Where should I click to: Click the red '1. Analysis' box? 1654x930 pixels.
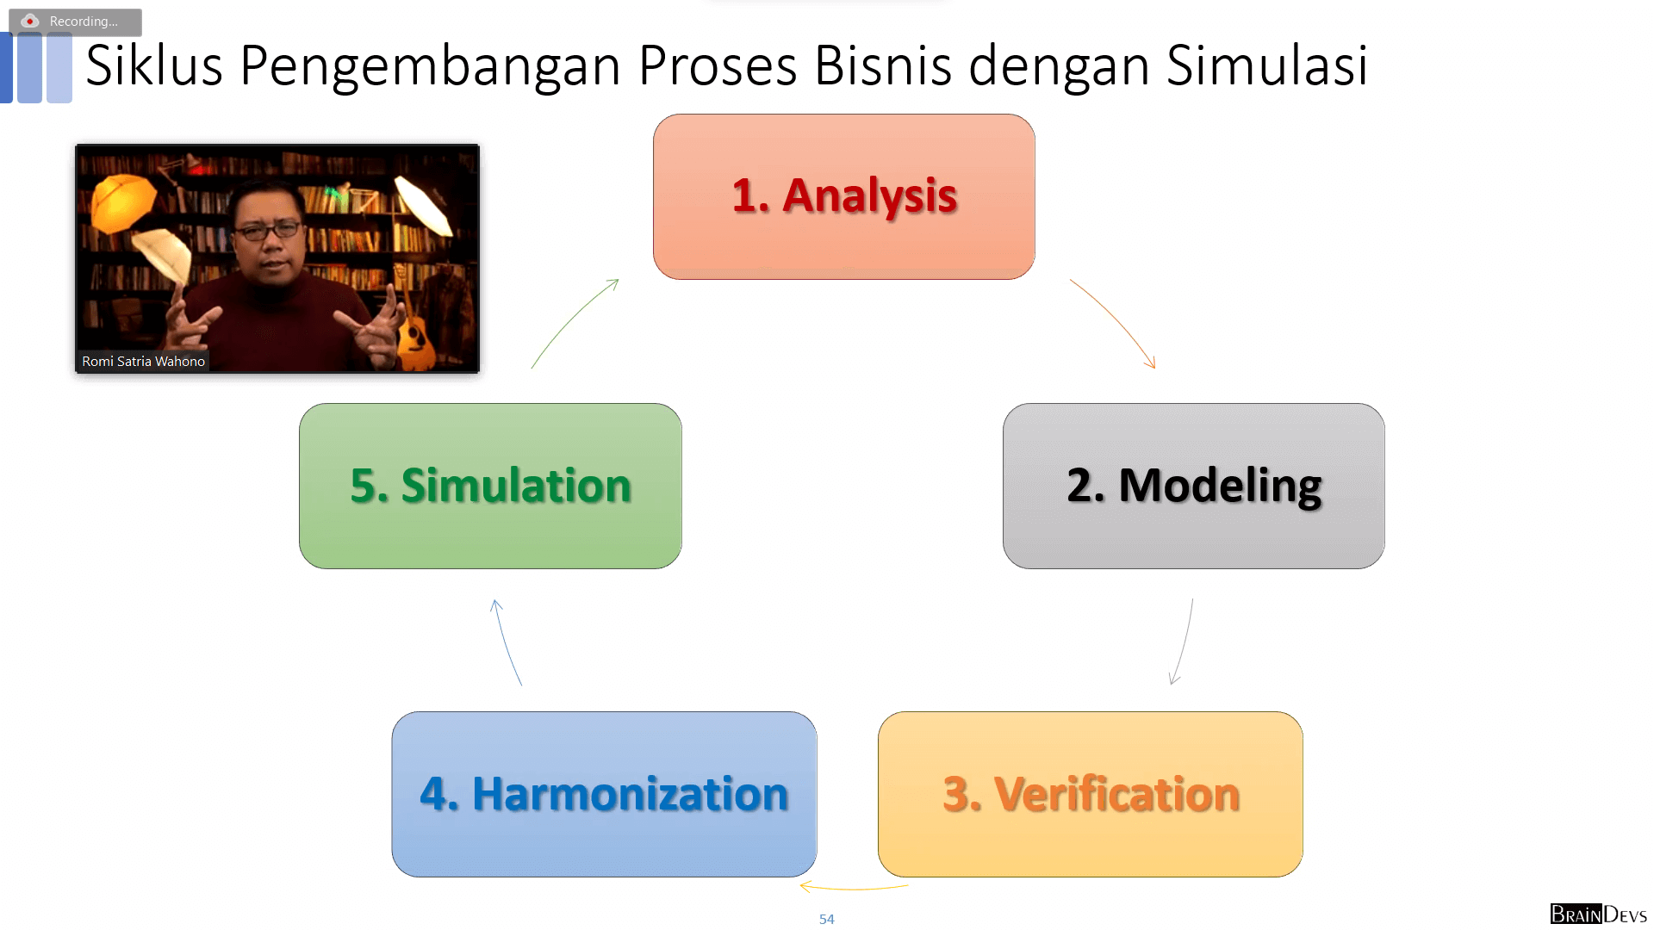click(843, 196)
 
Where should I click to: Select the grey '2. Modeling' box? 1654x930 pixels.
click(1193, 486)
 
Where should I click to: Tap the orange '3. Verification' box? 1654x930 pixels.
click(1090, 794)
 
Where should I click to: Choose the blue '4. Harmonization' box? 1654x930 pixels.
click(604, 794)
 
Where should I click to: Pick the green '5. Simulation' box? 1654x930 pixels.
click(490, 486)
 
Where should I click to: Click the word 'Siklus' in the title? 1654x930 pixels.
click(154, 65)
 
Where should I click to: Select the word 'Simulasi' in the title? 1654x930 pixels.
click(1266, 65)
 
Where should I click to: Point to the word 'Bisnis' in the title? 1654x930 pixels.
click(882, 65)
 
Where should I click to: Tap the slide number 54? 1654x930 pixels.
click(826, 920)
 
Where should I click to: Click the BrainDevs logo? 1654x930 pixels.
click(1598, 914)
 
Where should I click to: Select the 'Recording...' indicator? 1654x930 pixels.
click(75, 22)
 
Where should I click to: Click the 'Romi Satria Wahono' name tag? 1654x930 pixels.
click(143, 362)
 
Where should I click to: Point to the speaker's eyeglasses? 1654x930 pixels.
click(269, 231)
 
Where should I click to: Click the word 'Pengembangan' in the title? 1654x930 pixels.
click(430, 65)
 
